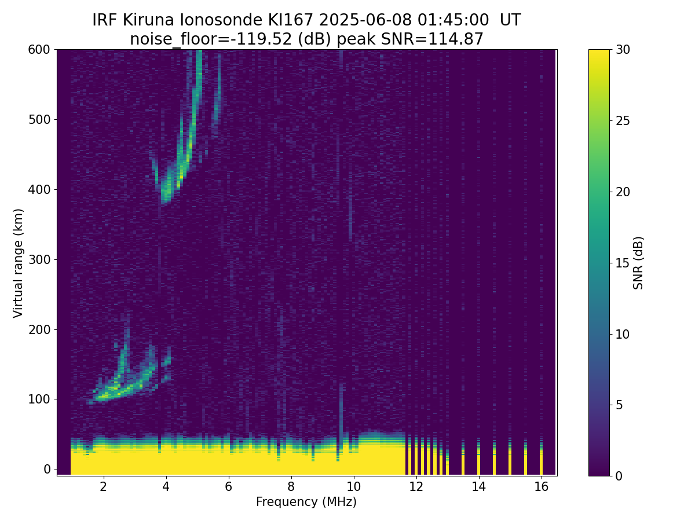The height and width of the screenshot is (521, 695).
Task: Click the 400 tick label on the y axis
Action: pyautogui.click(x=39, y=189)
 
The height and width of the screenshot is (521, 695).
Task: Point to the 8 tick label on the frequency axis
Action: pyautogui.click(x=291, y=487)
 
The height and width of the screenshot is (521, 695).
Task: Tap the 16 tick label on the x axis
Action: pyautogui.click(x=541, y=487)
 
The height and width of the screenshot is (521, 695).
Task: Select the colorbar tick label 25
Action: pyautogui.click(x=623, y=121)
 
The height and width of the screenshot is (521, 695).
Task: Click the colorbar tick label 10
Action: pyautogui.click(x=623, y=334)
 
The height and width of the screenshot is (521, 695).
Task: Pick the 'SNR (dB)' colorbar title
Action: pyautogui.click(x=638, y=262)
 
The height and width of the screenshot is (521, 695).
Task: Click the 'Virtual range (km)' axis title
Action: pyautogui.click(x=19, y=262)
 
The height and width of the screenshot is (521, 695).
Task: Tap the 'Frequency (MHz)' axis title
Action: pyautogui.click(x=306, y=502)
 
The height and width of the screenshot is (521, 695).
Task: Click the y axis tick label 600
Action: pyautogui.click(x=39, y=50)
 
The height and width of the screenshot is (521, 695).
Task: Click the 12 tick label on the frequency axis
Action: pyautogui.click(x=416, y=487)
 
